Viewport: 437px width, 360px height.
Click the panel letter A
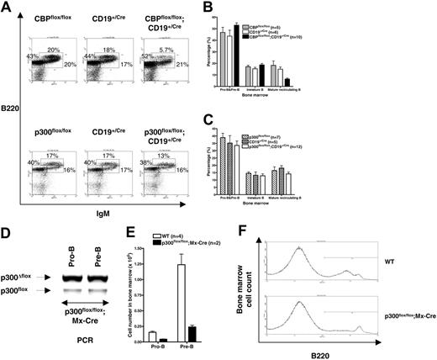point(7,8)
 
